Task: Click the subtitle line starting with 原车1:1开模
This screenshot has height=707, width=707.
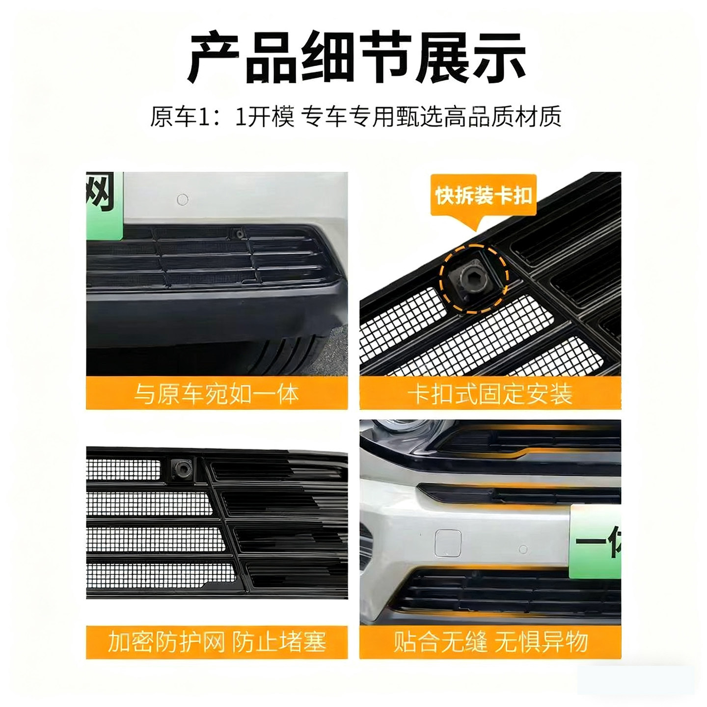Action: click(355, 117)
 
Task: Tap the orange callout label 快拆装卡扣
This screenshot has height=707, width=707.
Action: click(483, 195)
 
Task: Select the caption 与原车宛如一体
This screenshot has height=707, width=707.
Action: click(217, 393)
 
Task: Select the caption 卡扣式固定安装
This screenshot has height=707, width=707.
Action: click(490, 393)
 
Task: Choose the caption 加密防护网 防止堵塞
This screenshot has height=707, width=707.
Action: click(217, 642)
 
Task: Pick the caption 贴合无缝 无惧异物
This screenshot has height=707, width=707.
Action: click(490, 642)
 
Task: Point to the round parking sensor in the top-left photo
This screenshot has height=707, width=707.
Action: click(182, 199)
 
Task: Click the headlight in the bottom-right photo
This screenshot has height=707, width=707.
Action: click(393, 429)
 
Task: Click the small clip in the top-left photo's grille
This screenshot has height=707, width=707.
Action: click(240, 234)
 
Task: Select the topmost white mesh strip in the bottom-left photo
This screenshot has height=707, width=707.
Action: click(123, 469)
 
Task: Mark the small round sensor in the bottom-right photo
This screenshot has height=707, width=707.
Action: click(523, 549)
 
